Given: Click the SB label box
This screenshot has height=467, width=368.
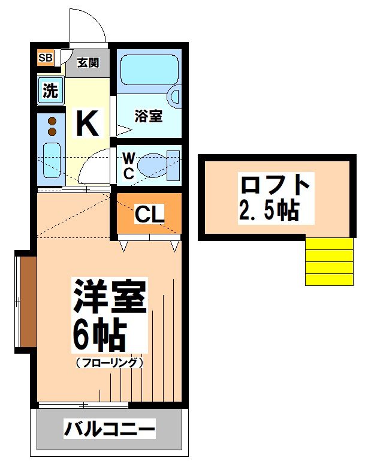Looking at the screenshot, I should [46, 58].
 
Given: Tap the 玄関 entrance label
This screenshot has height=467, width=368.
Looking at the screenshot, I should [88, 63].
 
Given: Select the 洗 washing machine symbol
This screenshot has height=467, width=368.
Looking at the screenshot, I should [50, 91].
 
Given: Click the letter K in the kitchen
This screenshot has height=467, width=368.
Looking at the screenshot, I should [87, 124].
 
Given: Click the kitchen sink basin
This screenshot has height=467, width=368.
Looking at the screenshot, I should [52, 160].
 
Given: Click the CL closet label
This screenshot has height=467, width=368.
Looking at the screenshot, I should [149, 215].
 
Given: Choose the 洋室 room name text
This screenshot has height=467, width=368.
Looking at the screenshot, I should [110, 296].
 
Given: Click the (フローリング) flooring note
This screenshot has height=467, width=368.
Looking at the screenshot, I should [109, 363].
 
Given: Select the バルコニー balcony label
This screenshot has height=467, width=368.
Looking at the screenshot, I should [110, 429].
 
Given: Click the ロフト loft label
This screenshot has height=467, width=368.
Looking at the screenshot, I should [275, 184].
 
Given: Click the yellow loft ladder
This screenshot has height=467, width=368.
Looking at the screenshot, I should [329, 261].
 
